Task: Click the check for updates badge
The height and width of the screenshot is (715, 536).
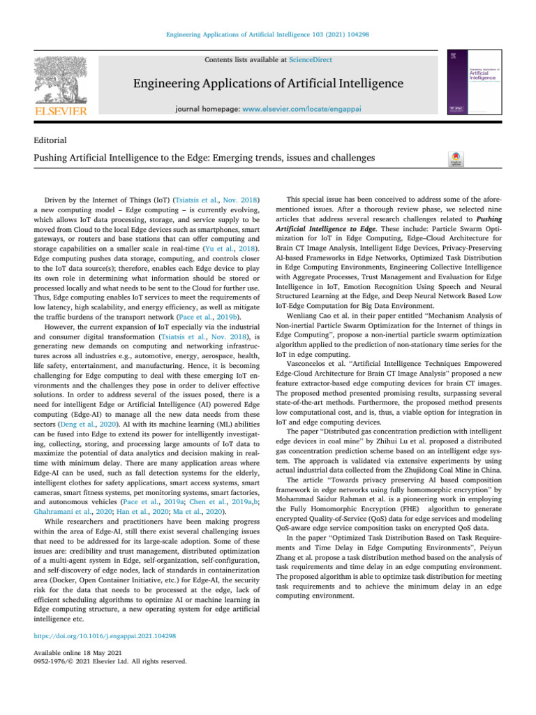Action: (x=453, y=160)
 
